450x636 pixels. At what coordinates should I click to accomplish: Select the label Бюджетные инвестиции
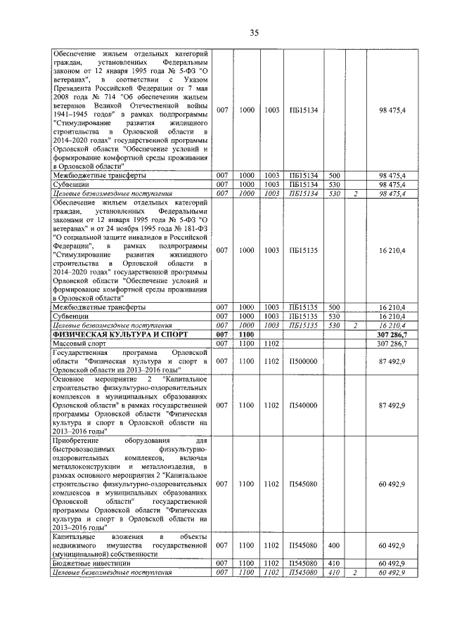[x=90, y=564]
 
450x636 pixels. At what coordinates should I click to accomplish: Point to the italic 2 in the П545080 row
[x=356, y=573]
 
